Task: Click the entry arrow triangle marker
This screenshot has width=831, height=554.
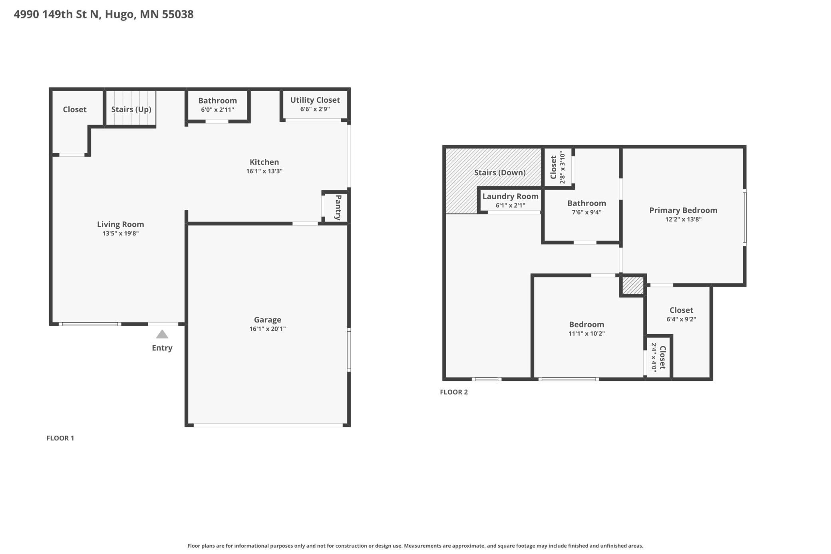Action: click(162, 334)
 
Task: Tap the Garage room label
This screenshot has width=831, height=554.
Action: click(268, 320)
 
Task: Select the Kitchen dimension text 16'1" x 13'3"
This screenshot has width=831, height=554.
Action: click(264, 171)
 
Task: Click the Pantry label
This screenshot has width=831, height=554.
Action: click(338, 207)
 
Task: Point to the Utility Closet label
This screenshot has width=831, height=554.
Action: click(315, 100)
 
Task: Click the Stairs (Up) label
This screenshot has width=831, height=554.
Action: click(131, 109)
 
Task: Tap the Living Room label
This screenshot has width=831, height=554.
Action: click(120, 224)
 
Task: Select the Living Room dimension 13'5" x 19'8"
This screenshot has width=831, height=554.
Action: click(120, 233)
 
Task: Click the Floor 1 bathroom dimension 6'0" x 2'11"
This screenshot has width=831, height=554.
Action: click(217, 110)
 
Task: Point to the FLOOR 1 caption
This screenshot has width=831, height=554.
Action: click(60, 438)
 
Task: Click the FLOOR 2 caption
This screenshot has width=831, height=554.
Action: click(454, 392)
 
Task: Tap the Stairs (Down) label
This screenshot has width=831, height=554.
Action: click(500, 172)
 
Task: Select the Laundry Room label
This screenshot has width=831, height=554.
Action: click(510, 196)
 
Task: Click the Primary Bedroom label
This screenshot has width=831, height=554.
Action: click(683, 210)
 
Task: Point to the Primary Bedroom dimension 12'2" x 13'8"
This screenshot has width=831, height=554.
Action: click(683, 219)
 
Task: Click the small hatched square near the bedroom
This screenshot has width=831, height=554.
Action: click(633, 286)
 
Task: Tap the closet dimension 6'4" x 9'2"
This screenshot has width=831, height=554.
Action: click(681, 319)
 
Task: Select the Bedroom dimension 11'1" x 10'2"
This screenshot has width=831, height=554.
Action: click(586, 333)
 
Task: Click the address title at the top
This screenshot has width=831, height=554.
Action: click(103, 14)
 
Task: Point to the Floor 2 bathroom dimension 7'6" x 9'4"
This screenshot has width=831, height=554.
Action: click(586, 212)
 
